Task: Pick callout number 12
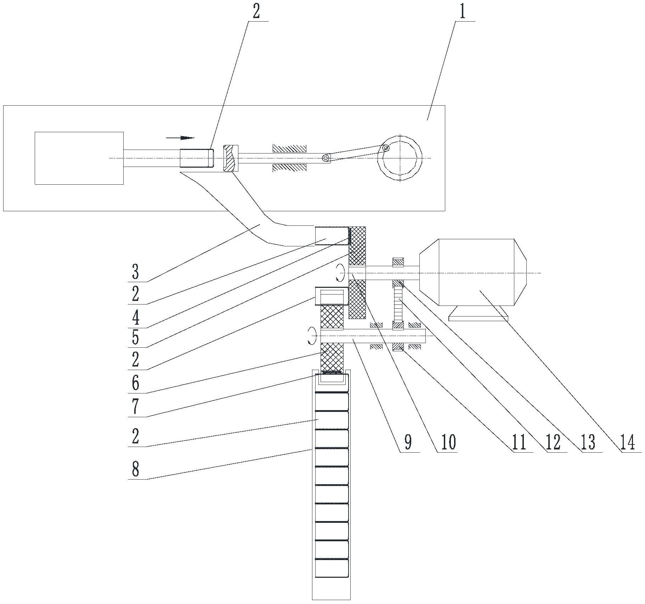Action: (553, 443)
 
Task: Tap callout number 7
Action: (135, 407)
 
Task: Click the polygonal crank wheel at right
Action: (400, 158)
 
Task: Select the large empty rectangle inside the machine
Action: (79, 158)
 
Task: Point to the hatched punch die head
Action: (230, 158)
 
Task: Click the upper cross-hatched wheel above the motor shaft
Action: (357, 246)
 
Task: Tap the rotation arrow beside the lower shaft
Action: (311, 335)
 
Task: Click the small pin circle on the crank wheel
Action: (385, 148)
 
